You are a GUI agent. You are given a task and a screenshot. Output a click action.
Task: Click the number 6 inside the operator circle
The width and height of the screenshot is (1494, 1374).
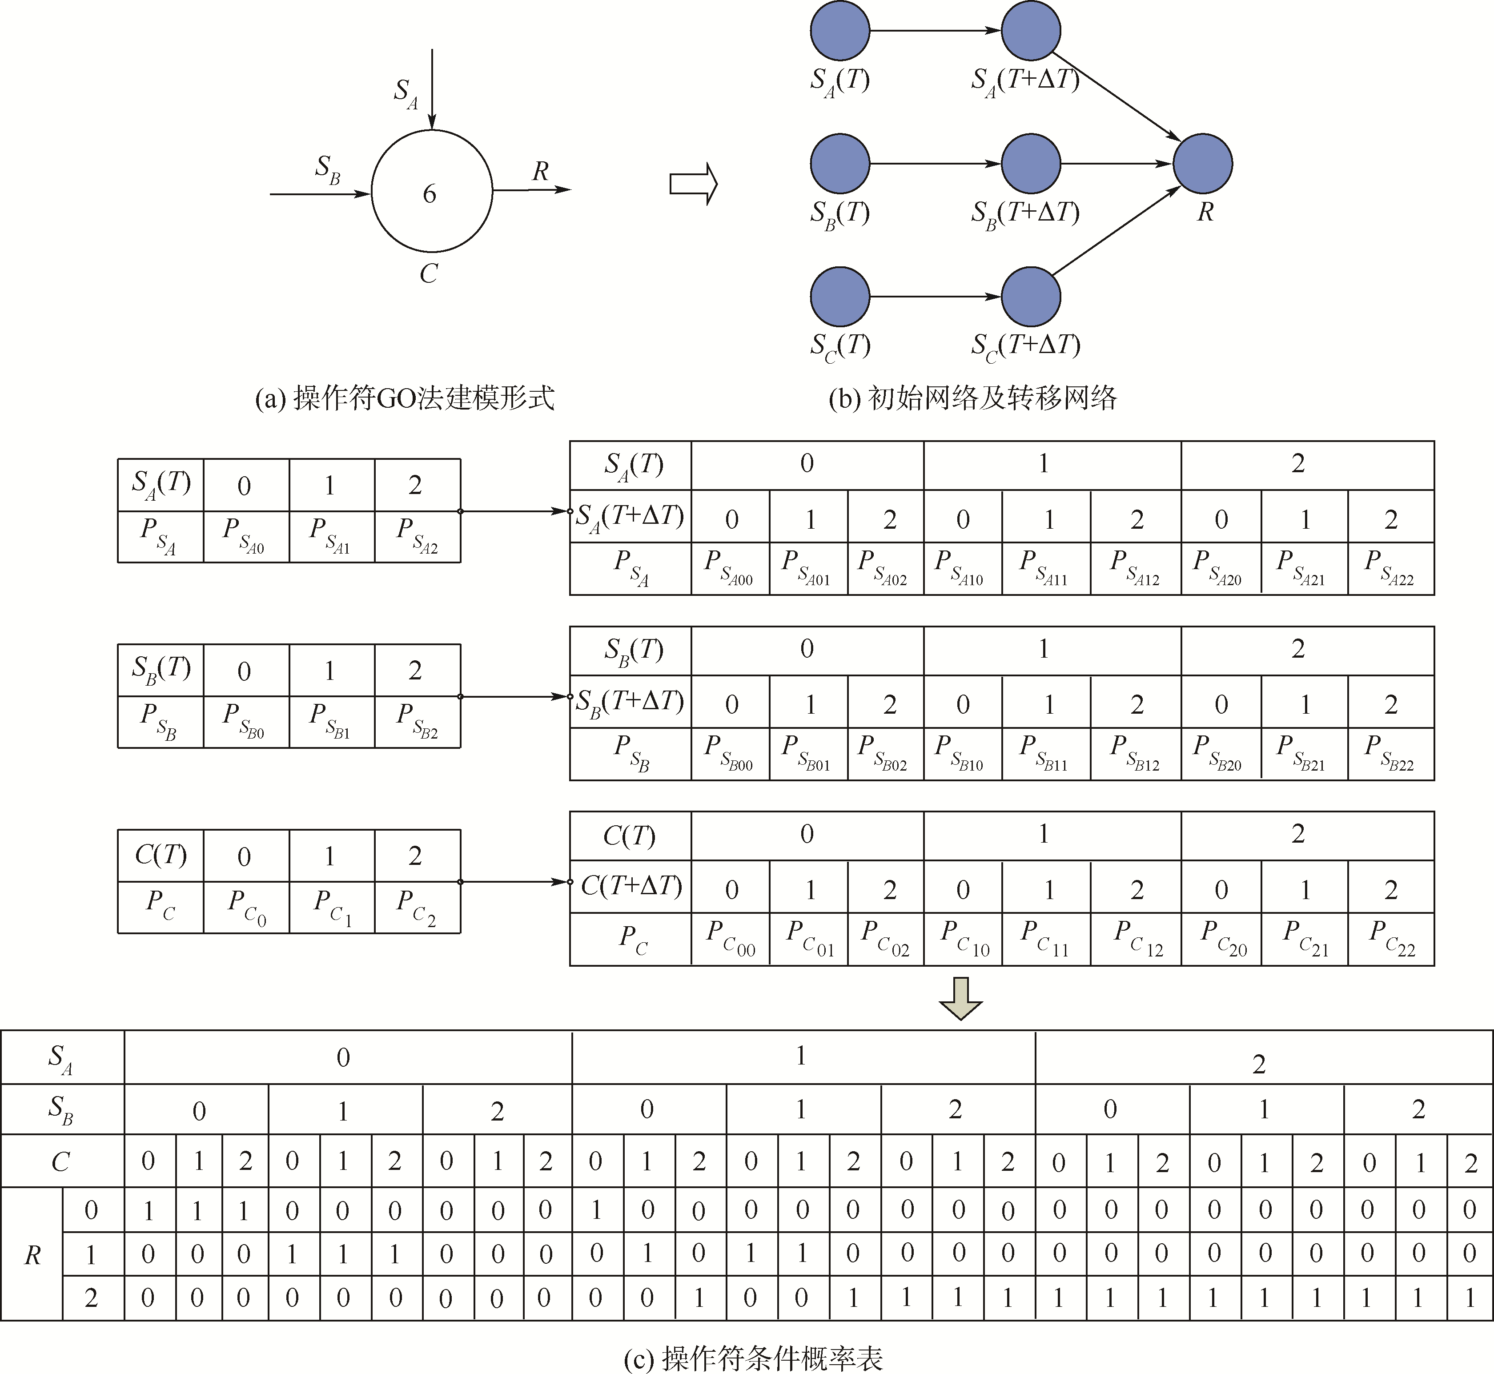click(x=430, y=194)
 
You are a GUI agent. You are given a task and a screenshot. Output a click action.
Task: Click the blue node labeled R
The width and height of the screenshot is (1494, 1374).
click(x=1203, y=164)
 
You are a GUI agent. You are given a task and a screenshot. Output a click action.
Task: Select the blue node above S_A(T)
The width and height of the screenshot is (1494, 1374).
click(x=840, y=31)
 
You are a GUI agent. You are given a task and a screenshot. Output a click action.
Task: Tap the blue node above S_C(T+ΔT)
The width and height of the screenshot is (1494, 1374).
click(x=1031, y=297)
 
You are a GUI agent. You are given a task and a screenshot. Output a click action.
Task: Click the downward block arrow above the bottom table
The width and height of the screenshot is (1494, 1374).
click(x=960, y=999)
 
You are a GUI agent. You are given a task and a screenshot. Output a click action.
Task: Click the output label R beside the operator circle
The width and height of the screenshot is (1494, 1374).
click(x=540, y=172)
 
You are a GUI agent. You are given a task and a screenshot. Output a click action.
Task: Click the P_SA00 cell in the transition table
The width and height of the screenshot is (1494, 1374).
click(x=730, y=569)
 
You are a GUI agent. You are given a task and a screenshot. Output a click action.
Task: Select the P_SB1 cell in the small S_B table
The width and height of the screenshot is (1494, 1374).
click(x=332, y=721)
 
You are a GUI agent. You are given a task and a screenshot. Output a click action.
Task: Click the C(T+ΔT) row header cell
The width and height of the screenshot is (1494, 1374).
click(x=631, y=886)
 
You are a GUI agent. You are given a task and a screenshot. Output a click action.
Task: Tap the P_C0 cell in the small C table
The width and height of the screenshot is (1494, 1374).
click(x=246, y=907)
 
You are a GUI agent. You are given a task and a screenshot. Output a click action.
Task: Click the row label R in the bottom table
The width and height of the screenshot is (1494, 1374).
click(x=32, y=1255)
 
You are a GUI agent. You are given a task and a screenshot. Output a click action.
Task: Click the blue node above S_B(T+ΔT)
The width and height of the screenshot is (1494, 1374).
click(x=1031, y=164)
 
